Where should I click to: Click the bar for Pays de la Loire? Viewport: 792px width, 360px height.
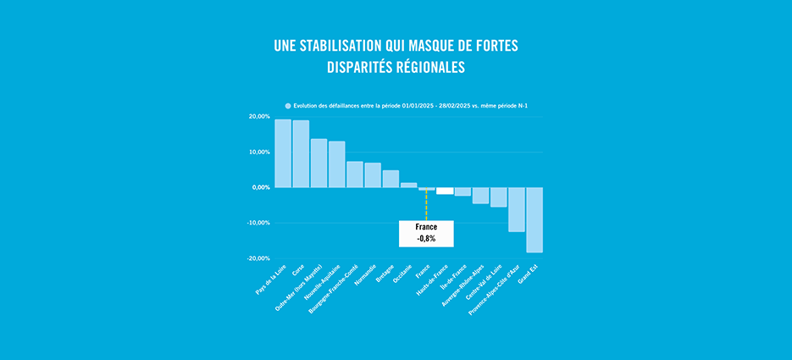tap(283, 153)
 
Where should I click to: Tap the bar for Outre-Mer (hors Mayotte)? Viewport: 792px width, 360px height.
tap(318, 163)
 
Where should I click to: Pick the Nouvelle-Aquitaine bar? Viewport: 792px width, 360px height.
tap(336, 164)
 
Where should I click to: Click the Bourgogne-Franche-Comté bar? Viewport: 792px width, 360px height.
tap(355, 174)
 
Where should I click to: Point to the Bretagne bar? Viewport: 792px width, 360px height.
tap(390, 179)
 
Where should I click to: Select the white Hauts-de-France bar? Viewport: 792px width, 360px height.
tap(445, 191)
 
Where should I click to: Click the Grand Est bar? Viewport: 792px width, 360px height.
tap(534, 219)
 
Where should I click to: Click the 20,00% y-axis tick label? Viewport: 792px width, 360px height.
tap(259, 117)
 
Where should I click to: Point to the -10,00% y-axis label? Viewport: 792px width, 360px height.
tap(258, 223)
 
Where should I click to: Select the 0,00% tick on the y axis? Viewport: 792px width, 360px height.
tap(260, 187)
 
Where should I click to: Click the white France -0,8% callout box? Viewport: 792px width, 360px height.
tap(426, 234)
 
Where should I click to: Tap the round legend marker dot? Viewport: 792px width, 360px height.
tap(288, 106)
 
